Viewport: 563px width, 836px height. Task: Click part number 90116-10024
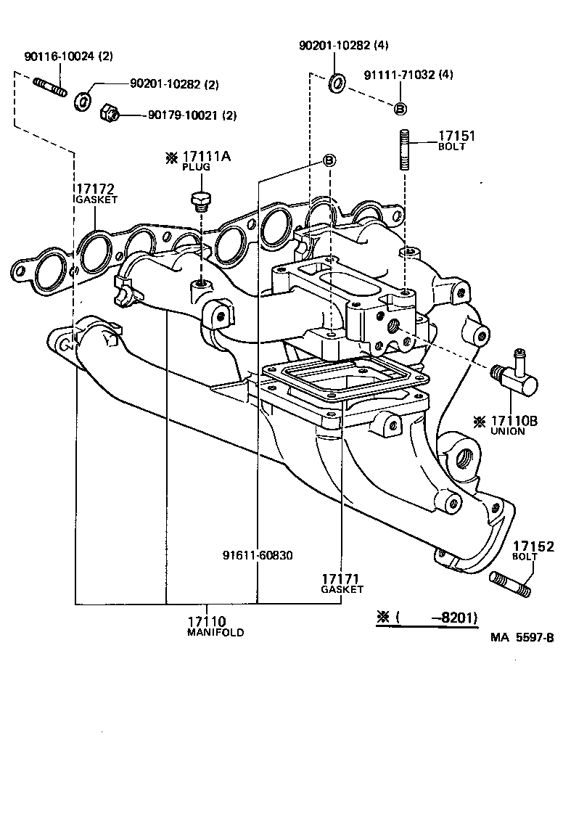tap(59, 56)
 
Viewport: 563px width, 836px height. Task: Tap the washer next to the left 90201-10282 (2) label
tap(83, 100)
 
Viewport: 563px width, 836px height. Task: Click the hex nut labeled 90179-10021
tap(109, 112)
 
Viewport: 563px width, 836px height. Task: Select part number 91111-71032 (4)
tap(408, 75)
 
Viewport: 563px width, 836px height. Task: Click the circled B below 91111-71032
tap(400, 108)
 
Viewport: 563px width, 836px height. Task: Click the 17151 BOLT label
tap(456, 140)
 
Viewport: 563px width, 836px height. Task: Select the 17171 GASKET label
tap(342, 583)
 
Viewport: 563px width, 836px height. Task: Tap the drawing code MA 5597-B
tap(522, 638)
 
